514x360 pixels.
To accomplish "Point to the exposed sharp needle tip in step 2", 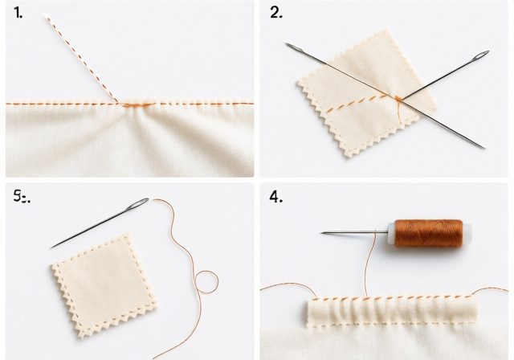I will [483, 147].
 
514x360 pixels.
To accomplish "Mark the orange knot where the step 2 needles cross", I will [397, 99].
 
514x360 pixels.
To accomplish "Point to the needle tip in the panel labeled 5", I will [53, 246].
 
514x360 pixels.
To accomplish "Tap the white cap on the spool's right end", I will [467, 233].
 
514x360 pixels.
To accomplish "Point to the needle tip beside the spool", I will [324, 233].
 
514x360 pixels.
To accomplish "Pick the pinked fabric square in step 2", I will [361, 96].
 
